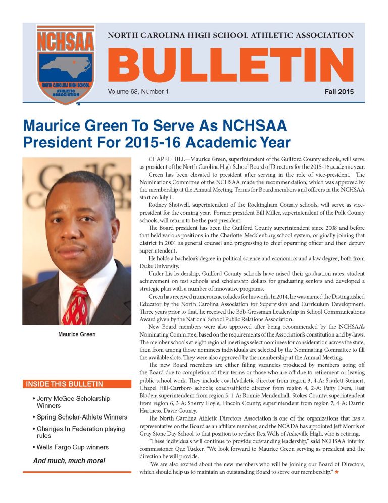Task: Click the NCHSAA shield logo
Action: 65,64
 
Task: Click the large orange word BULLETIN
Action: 230,65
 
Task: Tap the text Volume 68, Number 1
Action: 137,92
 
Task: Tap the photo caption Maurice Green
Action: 77,334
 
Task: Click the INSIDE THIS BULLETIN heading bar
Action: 75,384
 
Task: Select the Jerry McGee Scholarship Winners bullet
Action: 73,402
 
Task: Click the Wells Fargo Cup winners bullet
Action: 72,447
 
